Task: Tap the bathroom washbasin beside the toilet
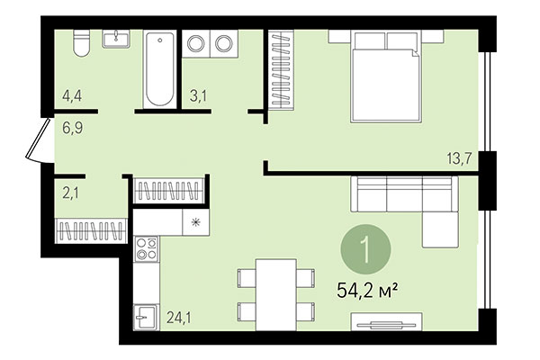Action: (116, 40)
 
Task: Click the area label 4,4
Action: (73, 93)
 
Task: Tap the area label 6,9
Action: (73, 128)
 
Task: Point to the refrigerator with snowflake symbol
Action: (194, 220)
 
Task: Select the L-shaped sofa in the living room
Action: (409, 202)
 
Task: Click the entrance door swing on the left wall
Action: (36, 144)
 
